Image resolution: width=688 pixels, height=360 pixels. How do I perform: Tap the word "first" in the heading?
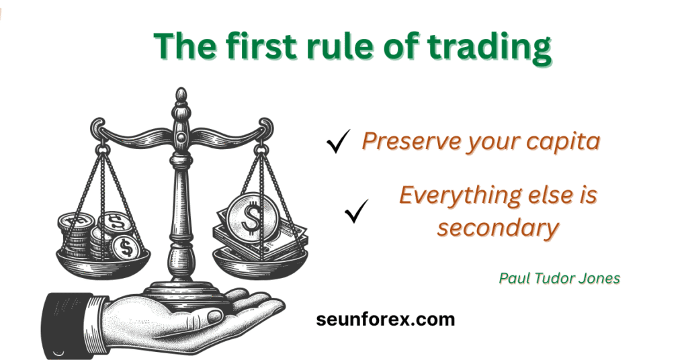pyautogui.click(x=255, y=45)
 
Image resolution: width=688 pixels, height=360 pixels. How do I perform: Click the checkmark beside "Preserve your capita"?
pyautogui.click(x=338, y=141)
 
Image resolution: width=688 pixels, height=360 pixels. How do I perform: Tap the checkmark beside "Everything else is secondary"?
pyautogui.click(x=356, y=211)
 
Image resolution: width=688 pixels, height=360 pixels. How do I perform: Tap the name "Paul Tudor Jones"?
pyautogui.click(x=560, y=278)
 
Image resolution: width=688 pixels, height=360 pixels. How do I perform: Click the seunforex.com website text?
pyautogui.click(x=385, y=319)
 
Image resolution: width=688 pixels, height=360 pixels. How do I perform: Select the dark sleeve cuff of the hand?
pyautogui.click(x=69, y=324)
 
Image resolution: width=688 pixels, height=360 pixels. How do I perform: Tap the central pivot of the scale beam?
pyautogui.click(x=181, y=137)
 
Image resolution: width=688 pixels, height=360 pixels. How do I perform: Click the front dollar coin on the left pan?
pyautogui.click(x=126, y=248)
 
